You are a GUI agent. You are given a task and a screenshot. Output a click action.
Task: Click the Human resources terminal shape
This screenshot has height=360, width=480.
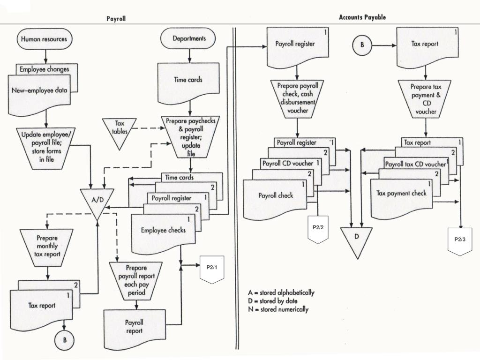(x=45, y=39)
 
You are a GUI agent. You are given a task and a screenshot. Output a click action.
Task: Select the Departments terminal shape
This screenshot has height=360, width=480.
(x=188, y=38)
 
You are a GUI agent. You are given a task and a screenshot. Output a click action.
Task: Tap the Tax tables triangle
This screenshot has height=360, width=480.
(x=120, y=132)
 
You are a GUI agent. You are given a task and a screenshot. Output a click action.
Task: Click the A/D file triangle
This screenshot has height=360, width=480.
(x=97, y=202)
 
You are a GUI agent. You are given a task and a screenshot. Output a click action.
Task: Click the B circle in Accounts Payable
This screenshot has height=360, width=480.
(x=362, y=45)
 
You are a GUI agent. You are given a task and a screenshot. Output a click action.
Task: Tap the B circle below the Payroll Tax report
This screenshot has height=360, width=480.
(x=65, y=340)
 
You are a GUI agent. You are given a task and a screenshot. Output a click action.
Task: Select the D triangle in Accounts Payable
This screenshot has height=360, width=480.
(x=357, y=240)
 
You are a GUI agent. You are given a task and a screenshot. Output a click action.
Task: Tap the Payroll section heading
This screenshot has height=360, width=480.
(x=116, y=18)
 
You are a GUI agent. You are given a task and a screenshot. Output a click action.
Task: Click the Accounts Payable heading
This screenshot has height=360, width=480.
(x=362, y=17)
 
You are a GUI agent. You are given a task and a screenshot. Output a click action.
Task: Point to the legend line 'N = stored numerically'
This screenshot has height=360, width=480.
(x=278, y=309)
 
